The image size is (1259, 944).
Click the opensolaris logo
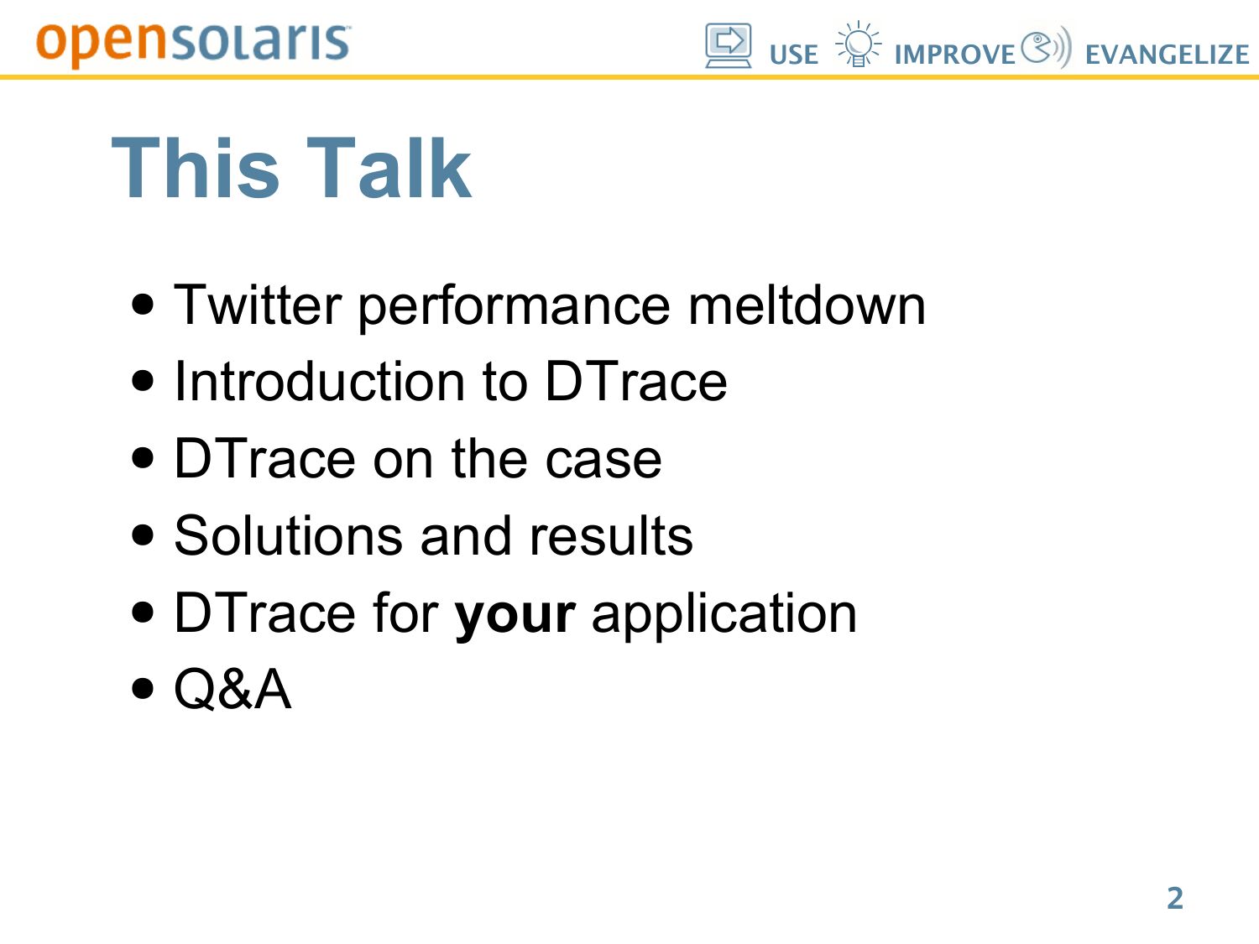click(x=193, y=45)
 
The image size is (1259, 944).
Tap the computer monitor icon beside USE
click(x=728, y=45)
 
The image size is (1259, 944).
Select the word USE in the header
click(x=793, y=55)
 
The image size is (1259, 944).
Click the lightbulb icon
click(x=858, y=44)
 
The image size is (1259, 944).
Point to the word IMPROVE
click(x=955, y=55)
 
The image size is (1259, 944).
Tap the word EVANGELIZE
click(x=1168, y=55)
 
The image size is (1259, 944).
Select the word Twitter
click(x=258, y=305)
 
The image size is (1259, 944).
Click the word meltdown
click(x=807, y=305)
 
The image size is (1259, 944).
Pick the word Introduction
click(x=320, y=381)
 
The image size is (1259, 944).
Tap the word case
click(x=603, y=459)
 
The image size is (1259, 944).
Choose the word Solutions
click(x=289, y=535)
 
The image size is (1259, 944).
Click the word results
click(x=611, y=535)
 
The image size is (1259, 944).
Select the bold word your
click(x=515, y=616)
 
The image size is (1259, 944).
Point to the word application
click(x=724, y=614)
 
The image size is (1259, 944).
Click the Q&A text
click(x=232, y=689)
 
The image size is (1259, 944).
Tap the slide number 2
click(x=1175, y=898)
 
